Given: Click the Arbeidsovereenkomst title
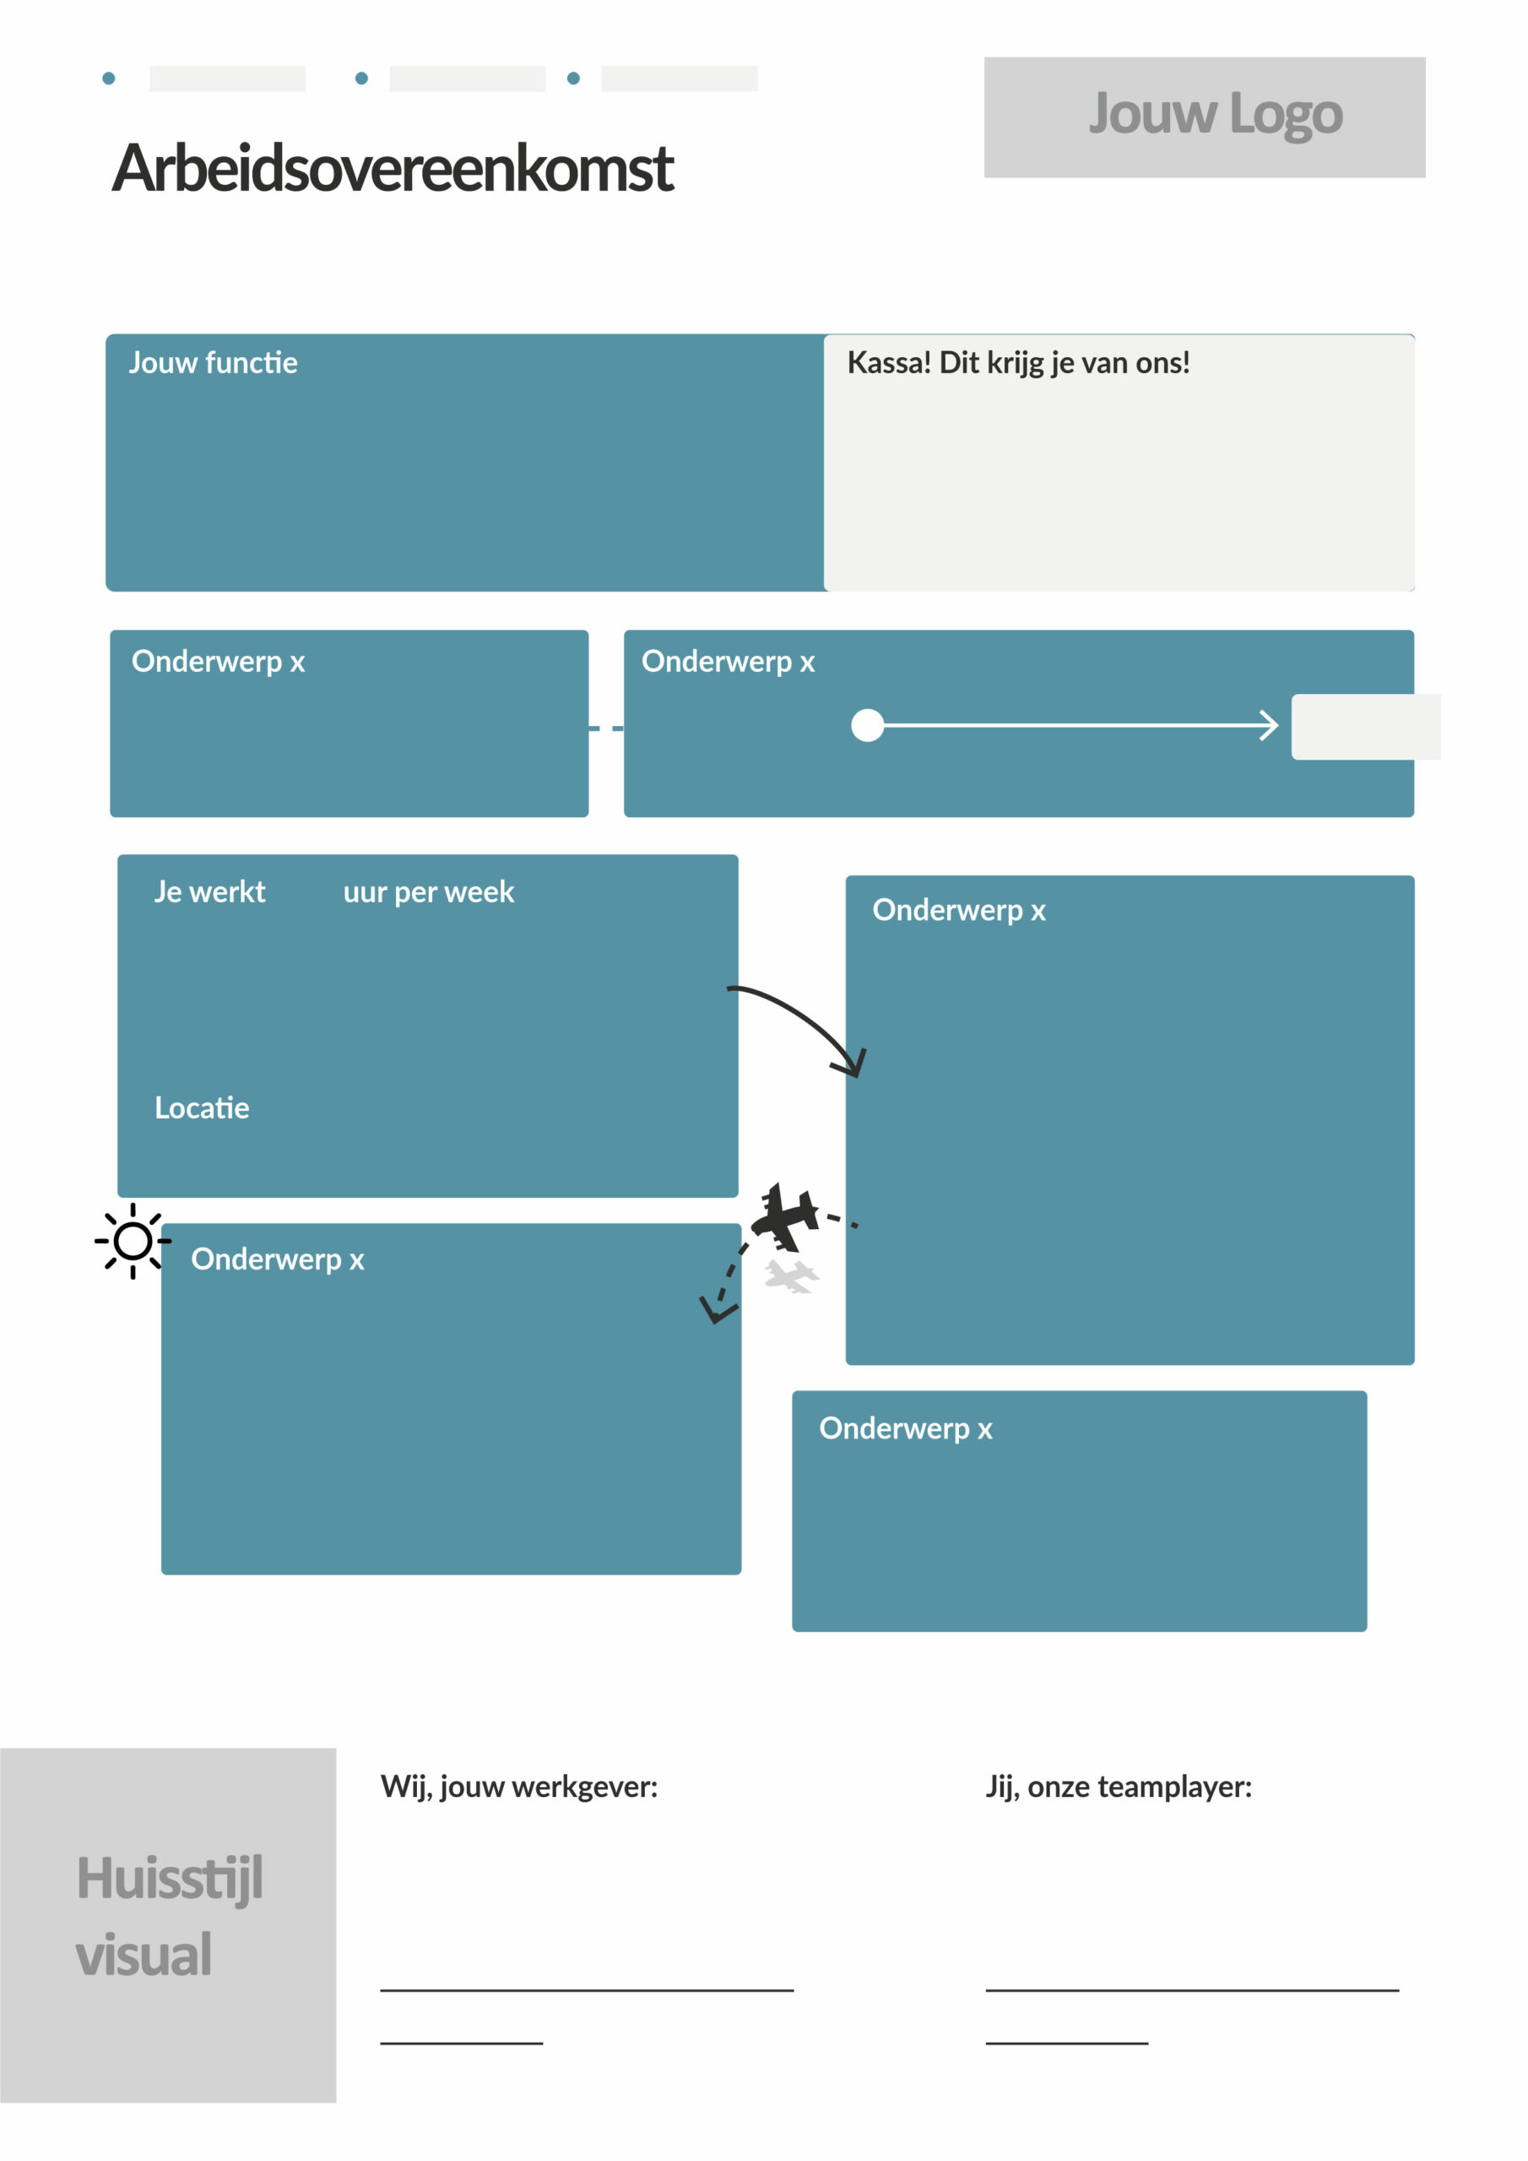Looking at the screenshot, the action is point(393,169).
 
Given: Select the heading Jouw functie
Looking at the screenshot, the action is point(213,362).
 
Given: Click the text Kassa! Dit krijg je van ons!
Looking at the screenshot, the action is point(1018,363).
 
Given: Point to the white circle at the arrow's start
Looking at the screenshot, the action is point(867,726).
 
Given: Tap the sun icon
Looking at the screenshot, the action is point(133,1241).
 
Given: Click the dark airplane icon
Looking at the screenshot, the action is point(784,1217).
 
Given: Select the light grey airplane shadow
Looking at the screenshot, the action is point(792,1276).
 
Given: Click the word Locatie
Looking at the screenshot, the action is point(202,1108).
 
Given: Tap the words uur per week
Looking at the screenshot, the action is point(428,892).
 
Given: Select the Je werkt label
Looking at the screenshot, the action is point(210,891).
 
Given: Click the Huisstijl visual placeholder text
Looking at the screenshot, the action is point(170,1917).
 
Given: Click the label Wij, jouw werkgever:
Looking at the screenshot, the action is point(518,1787).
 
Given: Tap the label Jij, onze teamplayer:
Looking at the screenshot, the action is point(1119,1787).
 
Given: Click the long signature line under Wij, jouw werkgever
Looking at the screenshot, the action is point(587,1990).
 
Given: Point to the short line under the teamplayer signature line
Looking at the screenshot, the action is point(1067,2044).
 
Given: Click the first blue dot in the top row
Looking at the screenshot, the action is point(108,79).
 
